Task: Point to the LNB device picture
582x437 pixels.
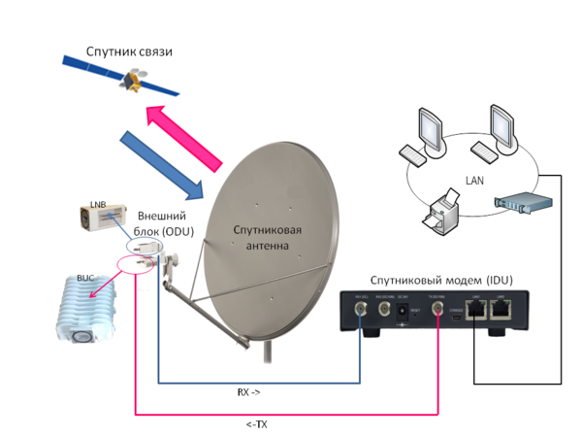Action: (104, 218)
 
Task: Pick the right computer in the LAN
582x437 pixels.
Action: (496, 131)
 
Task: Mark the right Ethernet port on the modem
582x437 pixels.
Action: (501, 311)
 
